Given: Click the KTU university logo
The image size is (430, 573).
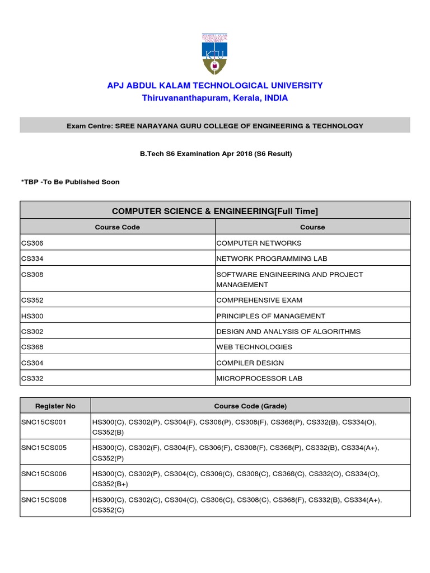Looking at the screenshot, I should [214, 53].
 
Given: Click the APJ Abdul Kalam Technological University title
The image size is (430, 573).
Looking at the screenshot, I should [215, 86].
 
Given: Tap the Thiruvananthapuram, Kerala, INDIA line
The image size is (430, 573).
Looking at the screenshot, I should [215, 98].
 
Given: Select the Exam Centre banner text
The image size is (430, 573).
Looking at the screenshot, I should [215, 126].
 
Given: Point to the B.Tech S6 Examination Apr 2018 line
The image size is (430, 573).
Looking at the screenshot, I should [216, 154].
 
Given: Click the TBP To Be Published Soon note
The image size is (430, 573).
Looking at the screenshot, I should [70, 182].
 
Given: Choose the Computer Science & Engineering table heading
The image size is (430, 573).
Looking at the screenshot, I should [215, 210].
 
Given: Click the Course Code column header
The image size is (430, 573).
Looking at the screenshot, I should [118, 227].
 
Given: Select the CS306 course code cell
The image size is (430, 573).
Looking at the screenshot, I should [32, 243].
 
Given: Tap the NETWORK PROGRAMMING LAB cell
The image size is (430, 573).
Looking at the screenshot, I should [272, 259].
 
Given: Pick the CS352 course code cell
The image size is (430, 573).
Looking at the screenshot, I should [32, 300].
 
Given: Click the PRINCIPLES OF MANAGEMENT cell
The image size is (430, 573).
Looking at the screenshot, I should [270, 316].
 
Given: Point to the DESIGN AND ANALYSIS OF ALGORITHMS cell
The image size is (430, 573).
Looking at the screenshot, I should [288, 331].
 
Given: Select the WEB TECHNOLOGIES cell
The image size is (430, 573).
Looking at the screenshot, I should [254, 347].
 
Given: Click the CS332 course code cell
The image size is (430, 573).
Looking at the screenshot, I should [32, 378].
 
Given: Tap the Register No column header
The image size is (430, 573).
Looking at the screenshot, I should [55, 406].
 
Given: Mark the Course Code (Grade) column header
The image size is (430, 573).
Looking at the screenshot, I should [250, 406].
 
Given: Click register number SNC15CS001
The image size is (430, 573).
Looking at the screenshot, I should [44, 422].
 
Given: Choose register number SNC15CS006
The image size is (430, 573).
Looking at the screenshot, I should [44, 474].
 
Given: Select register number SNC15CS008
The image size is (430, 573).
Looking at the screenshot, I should [44, 500].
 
